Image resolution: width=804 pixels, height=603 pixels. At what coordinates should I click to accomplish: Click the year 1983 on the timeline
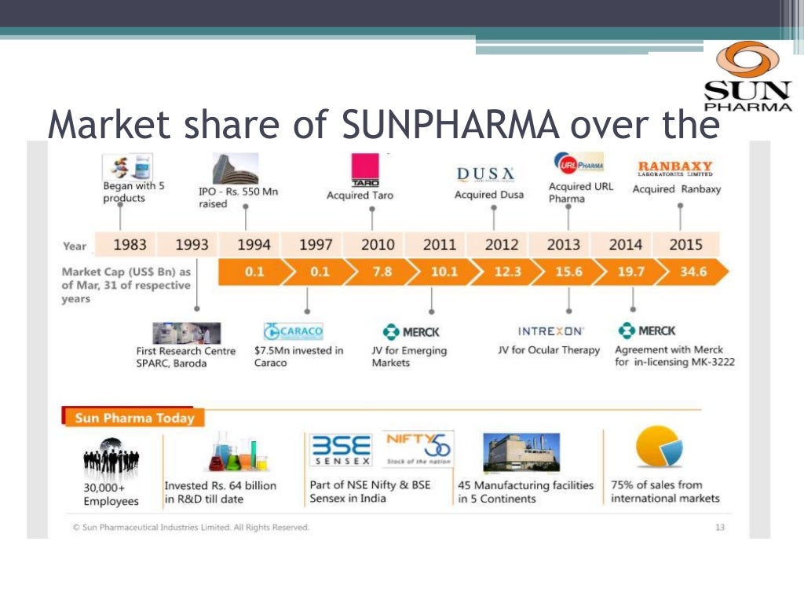[x=130, y=245]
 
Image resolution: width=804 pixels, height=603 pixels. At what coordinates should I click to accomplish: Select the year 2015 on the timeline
[x=685, y=245]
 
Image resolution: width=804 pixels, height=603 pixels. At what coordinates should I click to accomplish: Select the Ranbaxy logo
[x=675, y=168]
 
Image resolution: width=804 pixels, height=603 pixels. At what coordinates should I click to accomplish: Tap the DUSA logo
[x=486, y=174]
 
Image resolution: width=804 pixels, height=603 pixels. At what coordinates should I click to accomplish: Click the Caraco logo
[x=294, y=331]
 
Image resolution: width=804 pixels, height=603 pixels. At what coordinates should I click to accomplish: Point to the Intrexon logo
[x=550, y=331]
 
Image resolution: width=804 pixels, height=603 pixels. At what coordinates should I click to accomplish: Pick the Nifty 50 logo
[x=418, y=448]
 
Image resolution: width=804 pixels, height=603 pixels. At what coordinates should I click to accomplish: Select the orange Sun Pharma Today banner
[x=133, y=418]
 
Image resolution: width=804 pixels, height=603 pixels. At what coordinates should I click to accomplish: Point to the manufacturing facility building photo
[x=521, y=451]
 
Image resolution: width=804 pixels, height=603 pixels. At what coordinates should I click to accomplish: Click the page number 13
[x=720, y=528]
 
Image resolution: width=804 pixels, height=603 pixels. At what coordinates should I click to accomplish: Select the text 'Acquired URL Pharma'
[x=580, y=192]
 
